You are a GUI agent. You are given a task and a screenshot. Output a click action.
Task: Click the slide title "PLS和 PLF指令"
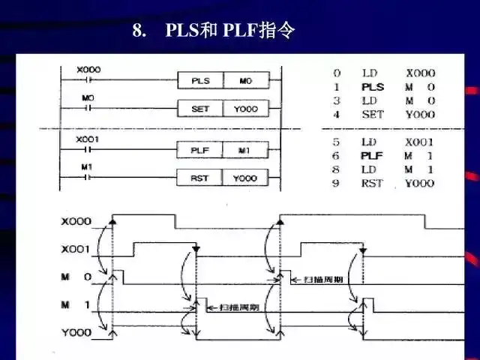(x=214, y=31)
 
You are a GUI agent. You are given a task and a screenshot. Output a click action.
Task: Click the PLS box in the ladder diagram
(x=199, y=80)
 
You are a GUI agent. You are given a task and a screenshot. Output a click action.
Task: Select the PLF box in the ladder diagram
(x=199, y=151)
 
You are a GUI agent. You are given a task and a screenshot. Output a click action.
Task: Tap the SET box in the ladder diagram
(x=199, y=109)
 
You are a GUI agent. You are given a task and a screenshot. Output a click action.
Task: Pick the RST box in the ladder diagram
(x=199, y=178)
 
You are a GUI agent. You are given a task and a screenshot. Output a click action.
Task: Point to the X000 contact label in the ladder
(x=88, y=70)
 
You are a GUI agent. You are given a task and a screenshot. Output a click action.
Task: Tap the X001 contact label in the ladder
(x=88, y=140)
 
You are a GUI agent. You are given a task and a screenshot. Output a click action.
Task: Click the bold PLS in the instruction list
(x=372, y=87)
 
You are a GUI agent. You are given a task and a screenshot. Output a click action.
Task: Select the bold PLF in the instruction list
(x=372, y=156)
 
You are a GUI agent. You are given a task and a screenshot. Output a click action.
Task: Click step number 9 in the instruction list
(x=337, y=183)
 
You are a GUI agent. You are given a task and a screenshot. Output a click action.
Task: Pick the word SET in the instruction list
(x=372, y=114)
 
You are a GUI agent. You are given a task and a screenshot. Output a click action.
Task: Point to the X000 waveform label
(x=76, y=222)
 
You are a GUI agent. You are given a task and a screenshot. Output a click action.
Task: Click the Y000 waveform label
(x=76, y=331)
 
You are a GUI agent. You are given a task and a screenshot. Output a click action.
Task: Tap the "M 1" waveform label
(x=76, y=304)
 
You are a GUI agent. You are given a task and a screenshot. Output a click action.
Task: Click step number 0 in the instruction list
(x=337, y=73)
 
